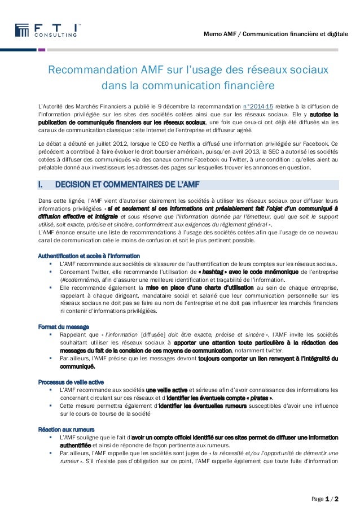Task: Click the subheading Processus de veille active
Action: point(69,381)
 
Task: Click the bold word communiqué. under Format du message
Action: point(76,366)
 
